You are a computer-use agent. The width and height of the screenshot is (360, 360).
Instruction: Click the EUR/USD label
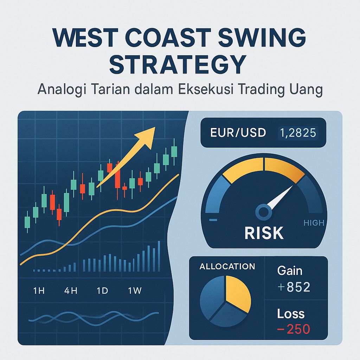238,133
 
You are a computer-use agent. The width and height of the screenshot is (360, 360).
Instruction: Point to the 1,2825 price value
297,133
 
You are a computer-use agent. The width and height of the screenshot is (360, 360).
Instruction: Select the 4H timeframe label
71,291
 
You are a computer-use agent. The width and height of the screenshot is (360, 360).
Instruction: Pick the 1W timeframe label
135,291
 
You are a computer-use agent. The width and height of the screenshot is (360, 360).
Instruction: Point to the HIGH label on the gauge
314,223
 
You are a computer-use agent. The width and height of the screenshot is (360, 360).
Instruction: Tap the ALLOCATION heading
227,266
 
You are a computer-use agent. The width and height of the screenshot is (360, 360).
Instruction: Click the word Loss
290,314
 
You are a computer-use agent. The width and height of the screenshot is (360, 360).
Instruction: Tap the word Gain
289,271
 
